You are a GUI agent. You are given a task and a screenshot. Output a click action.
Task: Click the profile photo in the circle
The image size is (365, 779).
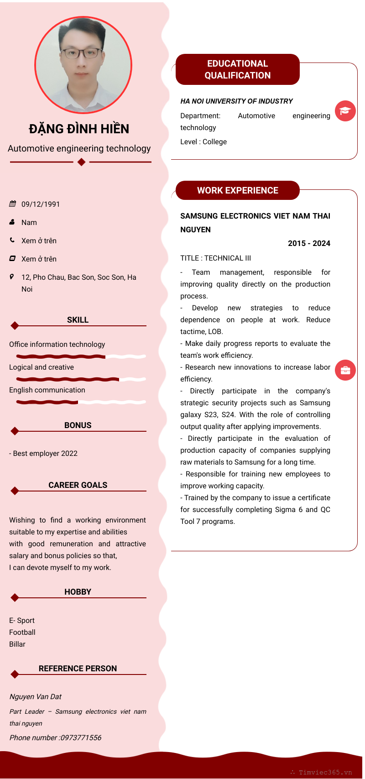(83, 65)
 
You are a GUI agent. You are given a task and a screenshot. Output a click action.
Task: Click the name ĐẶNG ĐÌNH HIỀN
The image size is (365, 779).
(79, 129)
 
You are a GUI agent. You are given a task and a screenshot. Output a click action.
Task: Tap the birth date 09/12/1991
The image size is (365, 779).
(41, 204)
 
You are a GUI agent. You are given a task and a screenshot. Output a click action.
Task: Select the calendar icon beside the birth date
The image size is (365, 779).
(13, 204)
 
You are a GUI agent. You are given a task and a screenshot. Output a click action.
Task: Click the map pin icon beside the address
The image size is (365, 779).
(12, 277)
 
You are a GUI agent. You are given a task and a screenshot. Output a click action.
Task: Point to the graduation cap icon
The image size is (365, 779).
(345, 111)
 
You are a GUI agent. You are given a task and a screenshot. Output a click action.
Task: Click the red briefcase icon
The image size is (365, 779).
(345, 370)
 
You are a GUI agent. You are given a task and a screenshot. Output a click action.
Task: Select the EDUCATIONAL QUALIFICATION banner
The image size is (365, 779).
(237, 69)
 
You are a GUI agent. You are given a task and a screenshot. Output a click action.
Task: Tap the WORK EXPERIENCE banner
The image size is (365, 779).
(237, 190)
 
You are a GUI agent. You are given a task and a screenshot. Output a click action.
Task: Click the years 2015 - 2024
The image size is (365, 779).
(309, 243)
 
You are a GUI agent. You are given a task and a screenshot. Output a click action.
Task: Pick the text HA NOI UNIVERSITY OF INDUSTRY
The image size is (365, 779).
(236, 101)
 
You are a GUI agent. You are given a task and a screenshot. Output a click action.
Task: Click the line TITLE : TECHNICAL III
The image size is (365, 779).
(215, 258)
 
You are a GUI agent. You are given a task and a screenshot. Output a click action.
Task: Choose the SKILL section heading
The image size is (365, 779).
(78, 320)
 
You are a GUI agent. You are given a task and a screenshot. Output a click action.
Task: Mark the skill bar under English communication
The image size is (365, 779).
(81, 402)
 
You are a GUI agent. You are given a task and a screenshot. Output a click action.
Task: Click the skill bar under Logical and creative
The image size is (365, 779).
(81, 379)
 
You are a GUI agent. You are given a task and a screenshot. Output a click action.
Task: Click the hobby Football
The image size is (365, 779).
(22, 632)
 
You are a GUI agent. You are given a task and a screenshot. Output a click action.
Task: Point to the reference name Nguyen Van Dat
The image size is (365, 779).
(36, 696)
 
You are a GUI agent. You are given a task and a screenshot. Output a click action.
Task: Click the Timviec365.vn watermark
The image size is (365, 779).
(325, 772)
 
